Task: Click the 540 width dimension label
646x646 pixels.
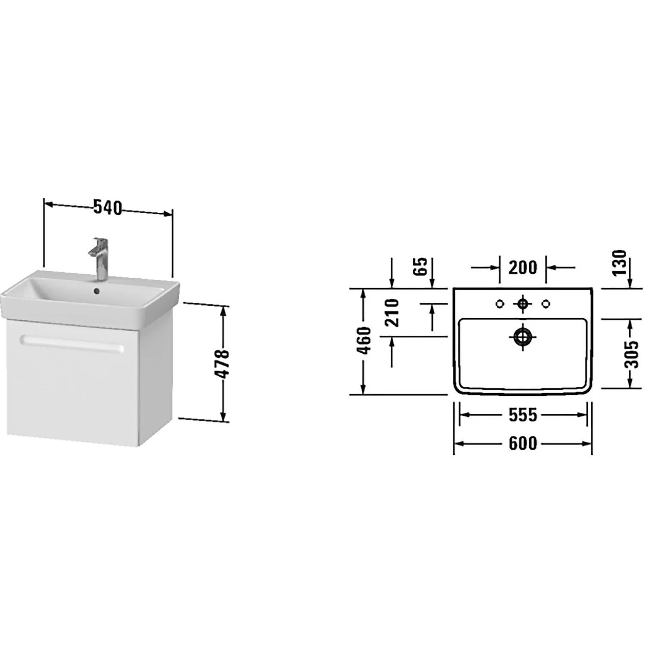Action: pos(108,208)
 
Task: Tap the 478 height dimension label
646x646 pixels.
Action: pos(223,364)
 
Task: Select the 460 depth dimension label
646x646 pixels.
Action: pos(364,341)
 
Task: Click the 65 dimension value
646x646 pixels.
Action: pos(421,267)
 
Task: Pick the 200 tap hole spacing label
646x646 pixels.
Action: pos(523,267)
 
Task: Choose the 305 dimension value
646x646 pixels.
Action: pos(631,354)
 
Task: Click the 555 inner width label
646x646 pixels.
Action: pos(523,415)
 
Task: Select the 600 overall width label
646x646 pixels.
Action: pos(523,443)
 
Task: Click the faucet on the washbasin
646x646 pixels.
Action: pos(99,258)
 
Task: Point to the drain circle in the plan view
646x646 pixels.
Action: pos(523,337)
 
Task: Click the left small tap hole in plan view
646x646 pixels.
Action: pos(500,304)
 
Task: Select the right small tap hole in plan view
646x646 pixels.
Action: pos(546,304)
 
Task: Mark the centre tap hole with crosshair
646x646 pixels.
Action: pos(523,304)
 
